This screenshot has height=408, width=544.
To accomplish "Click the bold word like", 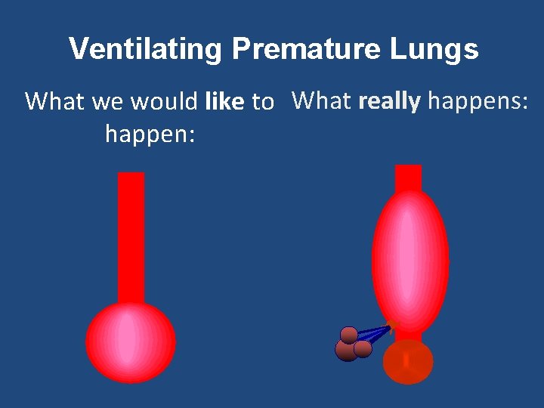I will coord(224,101).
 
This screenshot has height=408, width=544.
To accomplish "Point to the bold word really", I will coord(389,100).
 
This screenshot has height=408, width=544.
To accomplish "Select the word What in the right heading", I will coord(322,100).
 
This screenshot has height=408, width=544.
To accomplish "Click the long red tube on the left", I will coord(131,234).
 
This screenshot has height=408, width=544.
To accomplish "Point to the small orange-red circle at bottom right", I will coord(408,363).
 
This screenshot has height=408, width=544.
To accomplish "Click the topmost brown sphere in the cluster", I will coord(349,335).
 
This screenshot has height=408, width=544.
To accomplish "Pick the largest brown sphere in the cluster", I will coord(346,351).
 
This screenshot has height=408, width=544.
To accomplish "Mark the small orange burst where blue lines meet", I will coord(393,325).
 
